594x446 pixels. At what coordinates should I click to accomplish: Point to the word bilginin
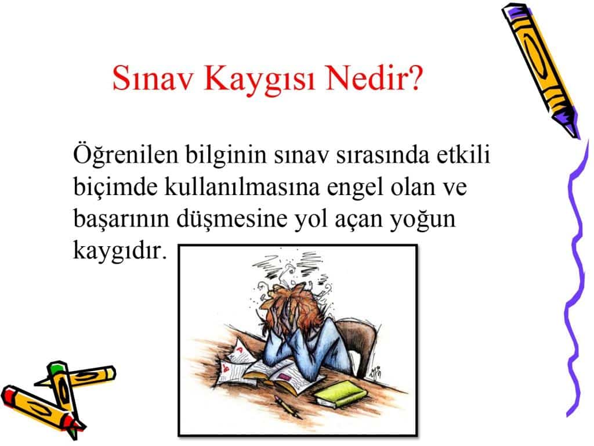226,155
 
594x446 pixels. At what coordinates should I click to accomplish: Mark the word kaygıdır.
119,251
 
